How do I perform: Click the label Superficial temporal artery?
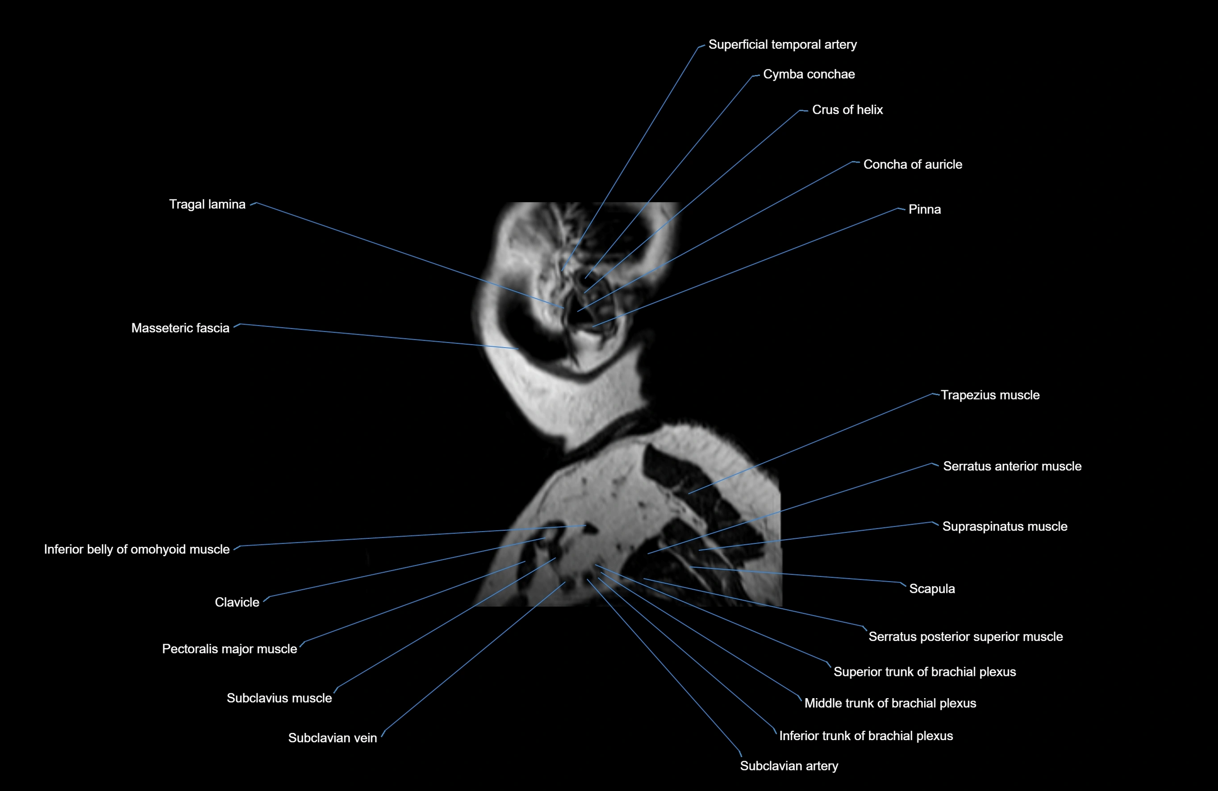tap(782, 45)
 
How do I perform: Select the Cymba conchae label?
tap(809, 74)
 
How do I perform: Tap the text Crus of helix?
tap(847, 109)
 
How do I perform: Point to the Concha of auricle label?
tap(913, 164)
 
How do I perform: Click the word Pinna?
tap(924, 209)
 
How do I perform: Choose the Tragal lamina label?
tap(207, 204)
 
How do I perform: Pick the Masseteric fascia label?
tap(180, 328)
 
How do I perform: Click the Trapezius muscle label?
tap(990, 395)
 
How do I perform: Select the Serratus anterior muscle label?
tap(1012, 466)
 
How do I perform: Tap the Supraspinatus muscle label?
tap(1005, 526)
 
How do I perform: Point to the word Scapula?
tap(931, 588)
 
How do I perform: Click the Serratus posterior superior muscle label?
tap(965, 637)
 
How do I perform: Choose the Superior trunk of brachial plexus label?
tap(924, 672)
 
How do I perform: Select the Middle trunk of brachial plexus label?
tap(890, 703)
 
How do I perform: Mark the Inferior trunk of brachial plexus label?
tap(866, 736)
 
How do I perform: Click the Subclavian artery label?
tap(788, 766)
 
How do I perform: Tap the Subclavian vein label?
tap(332, 738)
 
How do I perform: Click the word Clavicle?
tap(237, 602)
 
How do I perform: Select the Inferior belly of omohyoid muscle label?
tap(137, 549)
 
